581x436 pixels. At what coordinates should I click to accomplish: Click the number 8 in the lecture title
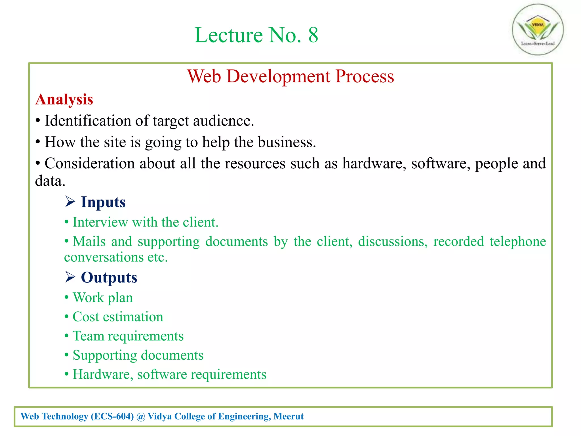[313, 35]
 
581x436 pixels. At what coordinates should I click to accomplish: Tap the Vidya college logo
[538, 30]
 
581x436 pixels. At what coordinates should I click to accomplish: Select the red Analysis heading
[64, 99]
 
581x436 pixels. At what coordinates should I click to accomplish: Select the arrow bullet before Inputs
[70, 202]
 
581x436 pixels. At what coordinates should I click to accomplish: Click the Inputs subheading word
[103, 202]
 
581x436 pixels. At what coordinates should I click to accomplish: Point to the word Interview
[100, 222]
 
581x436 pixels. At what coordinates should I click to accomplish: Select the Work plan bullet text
[103, 298]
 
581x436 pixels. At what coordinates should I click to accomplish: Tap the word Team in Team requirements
[88, 336]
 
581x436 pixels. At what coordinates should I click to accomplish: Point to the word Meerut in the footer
[289, 416]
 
